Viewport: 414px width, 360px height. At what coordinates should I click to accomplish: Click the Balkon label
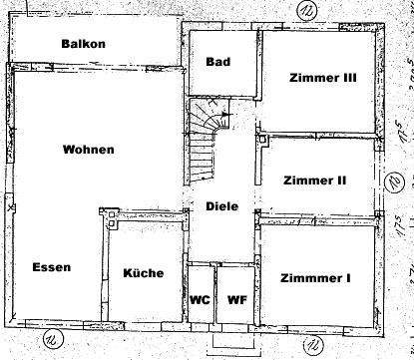point(83,44)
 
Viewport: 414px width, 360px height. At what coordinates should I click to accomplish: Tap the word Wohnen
point(88,150)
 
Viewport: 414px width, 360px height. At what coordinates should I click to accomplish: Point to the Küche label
point(143,273)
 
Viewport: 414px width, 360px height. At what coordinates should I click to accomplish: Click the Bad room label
point(218,62)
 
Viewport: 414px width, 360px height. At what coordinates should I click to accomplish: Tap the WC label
point(199,298)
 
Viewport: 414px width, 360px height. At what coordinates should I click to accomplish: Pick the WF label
point(236,298)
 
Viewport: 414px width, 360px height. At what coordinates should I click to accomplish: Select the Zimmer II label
point(315,180)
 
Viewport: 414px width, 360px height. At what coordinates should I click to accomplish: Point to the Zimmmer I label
point(315,278)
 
